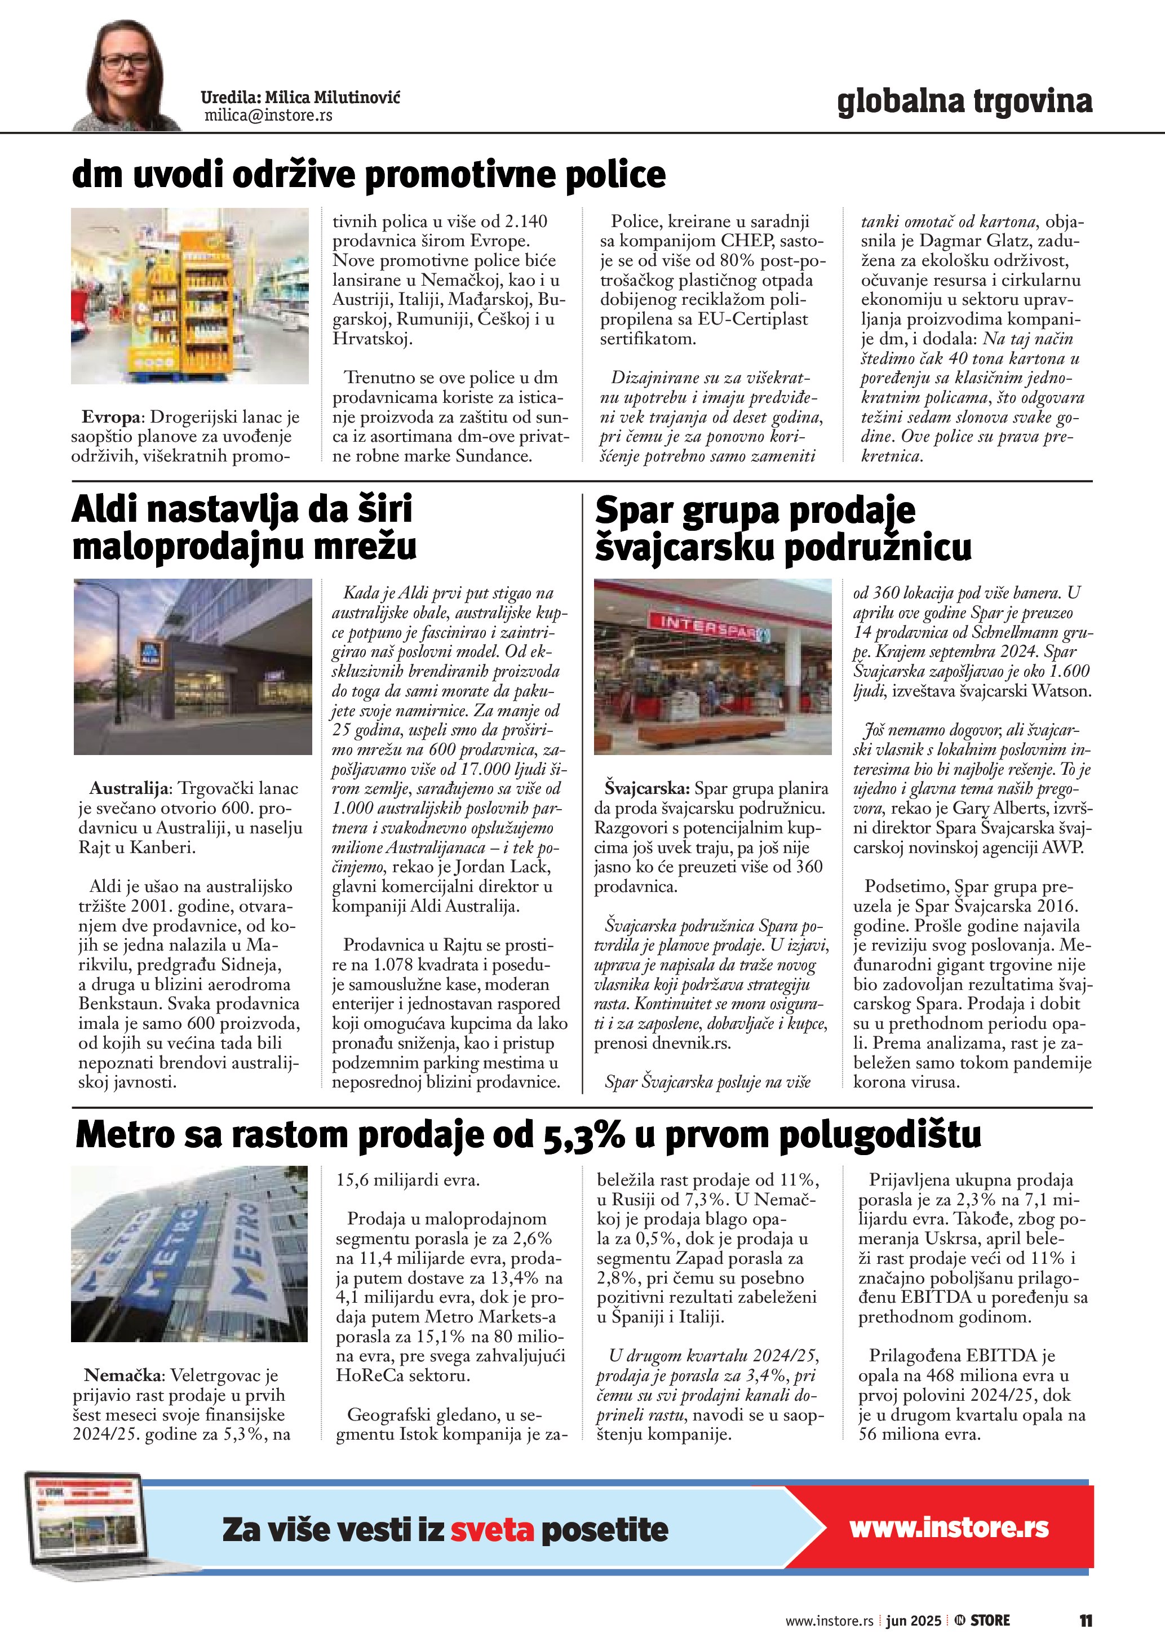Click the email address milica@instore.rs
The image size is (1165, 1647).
pos(268,116)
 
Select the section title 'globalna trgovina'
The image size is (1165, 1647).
pos(964,101)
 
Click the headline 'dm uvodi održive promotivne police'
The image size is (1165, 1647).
pos(369,174)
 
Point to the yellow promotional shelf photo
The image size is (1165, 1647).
pos(190,296)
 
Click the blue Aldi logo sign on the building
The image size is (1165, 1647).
pos(149,654)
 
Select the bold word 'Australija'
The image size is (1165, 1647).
pos(129,788)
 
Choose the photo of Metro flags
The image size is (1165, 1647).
pos(189,1253)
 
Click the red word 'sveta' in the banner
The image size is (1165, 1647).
pos(492,1530)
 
